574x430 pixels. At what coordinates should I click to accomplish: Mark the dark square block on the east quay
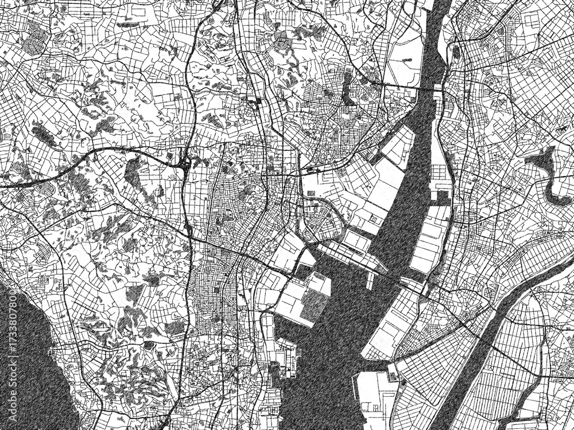click(443, 198)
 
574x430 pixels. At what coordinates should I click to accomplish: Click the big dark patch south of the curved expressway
click(132, 172)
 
